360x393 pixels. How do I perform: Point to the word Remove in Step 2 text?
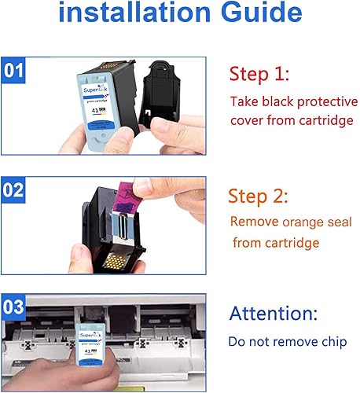point(252,222)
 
